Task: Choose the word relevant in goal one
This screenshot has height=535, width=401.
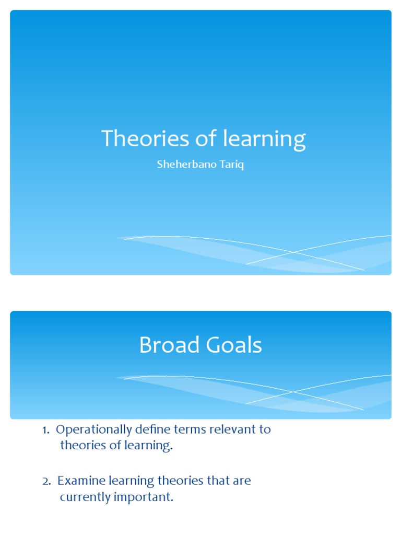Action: coord(229,430)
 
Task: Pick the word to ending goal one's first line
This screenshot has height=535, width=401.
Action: coord(264,430)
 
